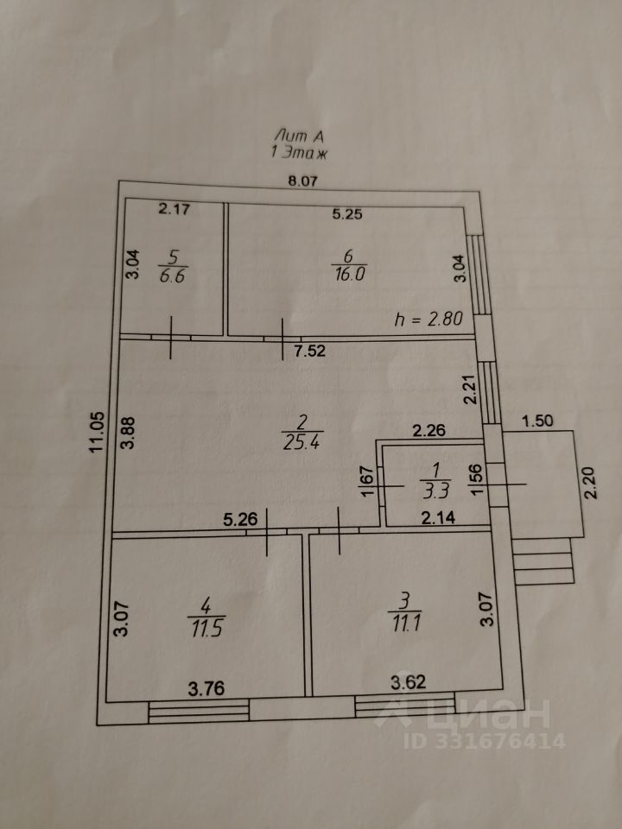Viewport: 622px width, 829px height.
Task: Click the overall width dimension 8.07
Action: point(302,181)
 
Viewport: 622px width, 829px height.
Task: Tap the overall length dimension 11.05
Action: point(96,432)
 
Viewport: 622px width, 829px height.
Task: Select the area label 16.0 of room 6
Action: point(349,275)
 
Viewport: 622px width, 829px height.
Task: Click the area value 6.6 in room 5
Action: point(173,275)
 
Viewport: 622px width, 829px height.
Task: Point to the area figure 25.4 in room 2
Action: point(301,441)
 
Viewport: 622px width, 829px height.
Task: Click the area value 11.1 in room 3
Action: point(404,623)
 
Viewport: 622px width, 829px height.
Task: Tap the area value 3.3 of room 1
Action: point(435,491)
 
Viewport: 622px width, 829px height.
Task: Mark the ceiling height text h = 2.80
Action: point(429,319)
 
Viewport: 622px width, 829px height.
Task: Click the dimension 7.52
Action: point(310,351)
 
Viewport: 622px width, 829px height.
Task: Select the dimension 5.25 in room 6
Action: point(347,214)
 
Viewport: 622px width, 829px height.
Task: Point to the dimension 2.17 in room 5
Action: point(174,209)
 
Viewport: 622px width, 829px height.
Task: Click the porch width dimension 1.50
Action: point(537,421)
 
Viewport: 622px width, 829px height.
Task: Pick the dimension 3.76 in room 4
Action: point(206,688)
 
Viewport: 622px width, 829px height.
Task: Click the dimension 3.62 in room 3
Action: point(409,682)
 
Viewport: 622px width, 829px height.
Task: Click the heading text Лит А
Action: point(299,136)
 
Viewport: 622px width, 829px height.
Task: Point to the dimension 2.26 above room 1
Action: point(429,430)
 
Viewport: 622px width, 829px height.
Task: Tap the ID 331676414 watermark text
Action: point(485,741)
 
